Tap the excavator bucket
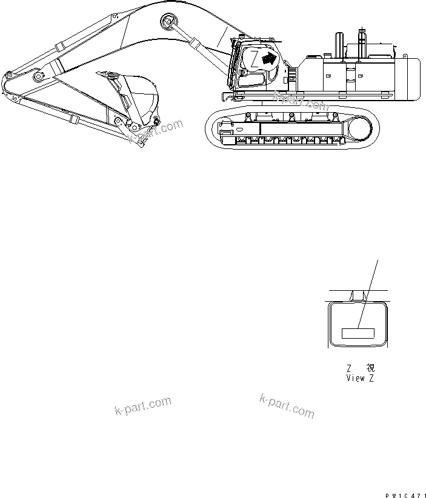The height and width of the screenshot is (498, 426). pyautogui.click(x=138, y=97)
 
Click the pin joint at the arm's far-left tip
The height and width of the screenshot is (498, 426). pyautogui.click(x=8, y=77)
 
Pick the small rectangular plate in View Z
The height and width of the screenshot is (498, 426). pyautogui.click(x=359, y=332)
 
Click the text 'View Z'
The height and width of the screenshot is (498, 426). pyautogui.click(x=364, y=378)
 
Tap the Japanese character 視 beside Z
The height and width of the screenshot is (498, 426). pyautogui.click(x=371, y=368)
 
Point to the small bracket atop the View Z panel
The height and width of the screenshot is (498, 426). pyautogui.click(x=358, y=295)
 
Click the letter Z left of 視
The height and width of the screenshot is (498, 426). pyautogui.click(x=349, y=368)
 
